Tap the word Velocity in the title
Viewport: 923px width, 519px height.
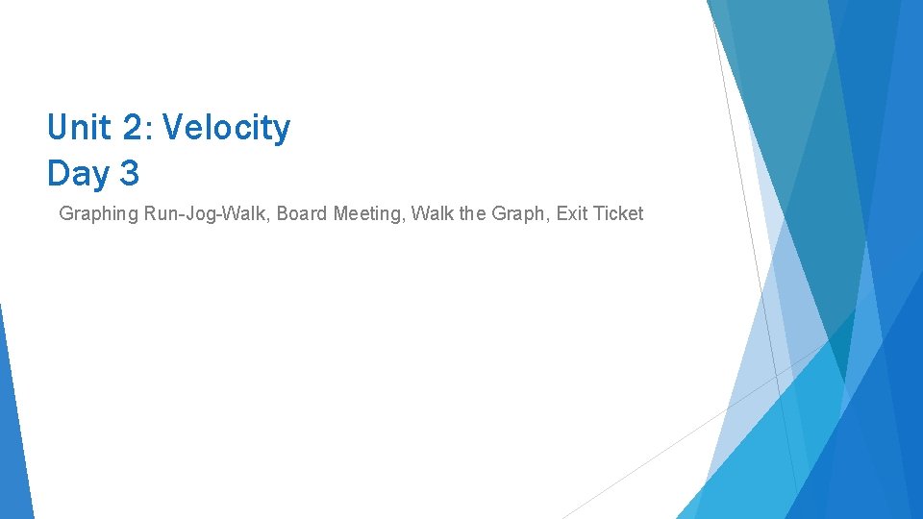pos(227,127)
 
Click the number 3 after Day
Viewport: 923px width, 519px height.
pos(130,174)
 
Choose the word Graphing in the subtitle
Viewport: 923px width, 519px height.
pos(99,214)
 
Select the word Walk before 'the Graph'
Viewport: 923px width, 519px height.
pos(432,213)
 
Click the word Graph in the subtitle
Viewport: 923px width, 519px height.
pos(519,213)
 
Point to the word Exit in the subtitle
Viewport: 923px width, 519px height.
pos(573,213)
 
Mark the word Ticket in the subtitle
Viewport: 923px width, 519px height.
pos(619,213)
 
